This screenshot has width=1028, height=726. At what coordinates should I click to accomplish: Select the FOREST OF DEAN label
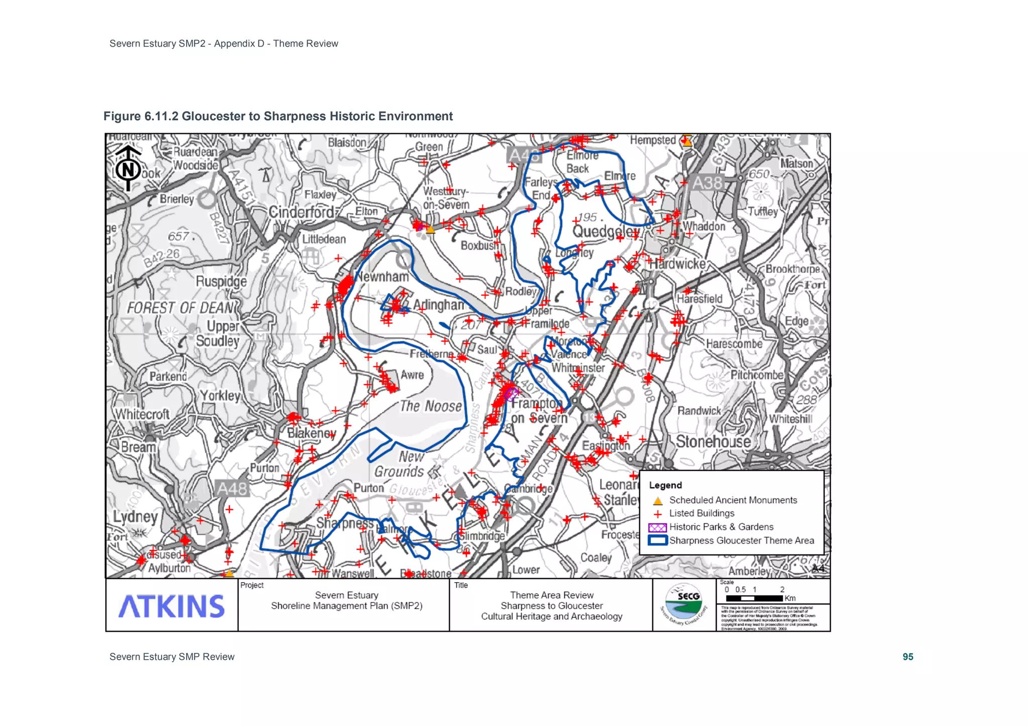tap(180, 307)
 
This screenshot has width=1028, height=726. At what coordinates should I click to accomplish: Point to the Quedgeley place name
tap(606, 232)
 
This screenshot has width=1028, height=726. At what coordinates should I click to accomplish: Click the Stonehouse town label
tap(713, 441)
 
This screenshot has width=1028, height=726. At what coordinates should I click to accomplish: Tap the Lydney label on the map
tap(135, 516)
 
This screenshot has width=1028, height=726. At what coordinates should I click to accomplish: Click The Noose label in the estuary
tap(431, 406)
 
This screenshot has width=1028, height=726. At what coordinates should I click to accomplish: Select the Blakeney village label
tap(311, 433)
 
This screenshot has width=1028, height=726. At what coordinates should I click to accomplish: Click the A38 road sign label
tap(707, 183)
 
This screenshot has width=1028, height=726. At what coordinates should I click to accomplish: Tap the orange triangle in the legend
tap(658, 500)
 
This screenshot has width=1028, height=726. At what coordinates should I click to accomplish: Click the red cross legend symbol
tap(658, 514)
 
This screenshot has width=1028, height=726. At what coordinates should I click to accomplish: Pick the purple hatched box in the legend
tap(658, 527)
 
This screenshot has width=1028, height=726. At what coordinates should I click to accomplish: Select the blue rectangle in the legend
tap(658, 540)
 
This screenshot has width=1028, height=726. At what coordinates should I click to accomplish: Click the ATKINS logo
tap(171, 606)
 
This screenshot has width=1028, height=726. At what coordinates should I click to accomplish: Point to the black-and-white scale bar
tap(754, 598)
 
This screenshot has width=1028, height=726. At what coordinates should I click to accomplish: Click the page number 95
tap(908, 657)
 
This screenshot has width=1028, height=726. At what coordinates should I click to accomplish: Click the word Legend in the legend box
tap(665, 485)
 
